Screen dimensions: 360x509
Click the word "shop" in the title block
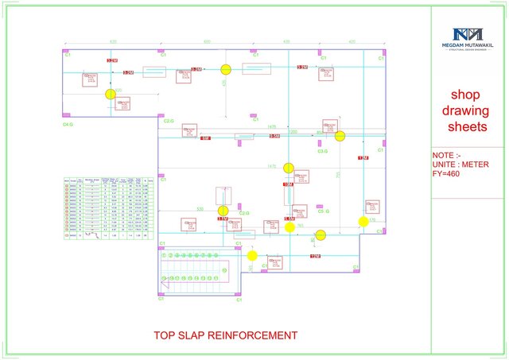(x=464, y=95)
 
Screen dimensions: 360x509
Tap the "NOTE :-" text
(x=446, y=156)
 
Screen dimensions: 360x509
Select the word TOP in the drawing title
(x=165, y=335)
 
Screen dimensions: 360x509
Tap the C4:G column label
(x=68, y=125)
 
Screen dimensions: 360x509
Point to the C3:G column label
(x=324, y=150)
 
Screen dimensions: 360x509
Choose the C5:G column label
(x=324, y=211)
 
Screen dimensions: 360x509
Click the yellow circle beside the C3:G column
(x=340, y=136)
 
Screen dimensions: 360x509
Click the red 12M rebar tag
(x=315, y=257)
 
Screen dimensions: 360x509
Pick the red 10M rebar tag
(x=287, y=185)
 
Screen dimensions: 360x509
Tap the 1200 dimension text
(x=293, y=132)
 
